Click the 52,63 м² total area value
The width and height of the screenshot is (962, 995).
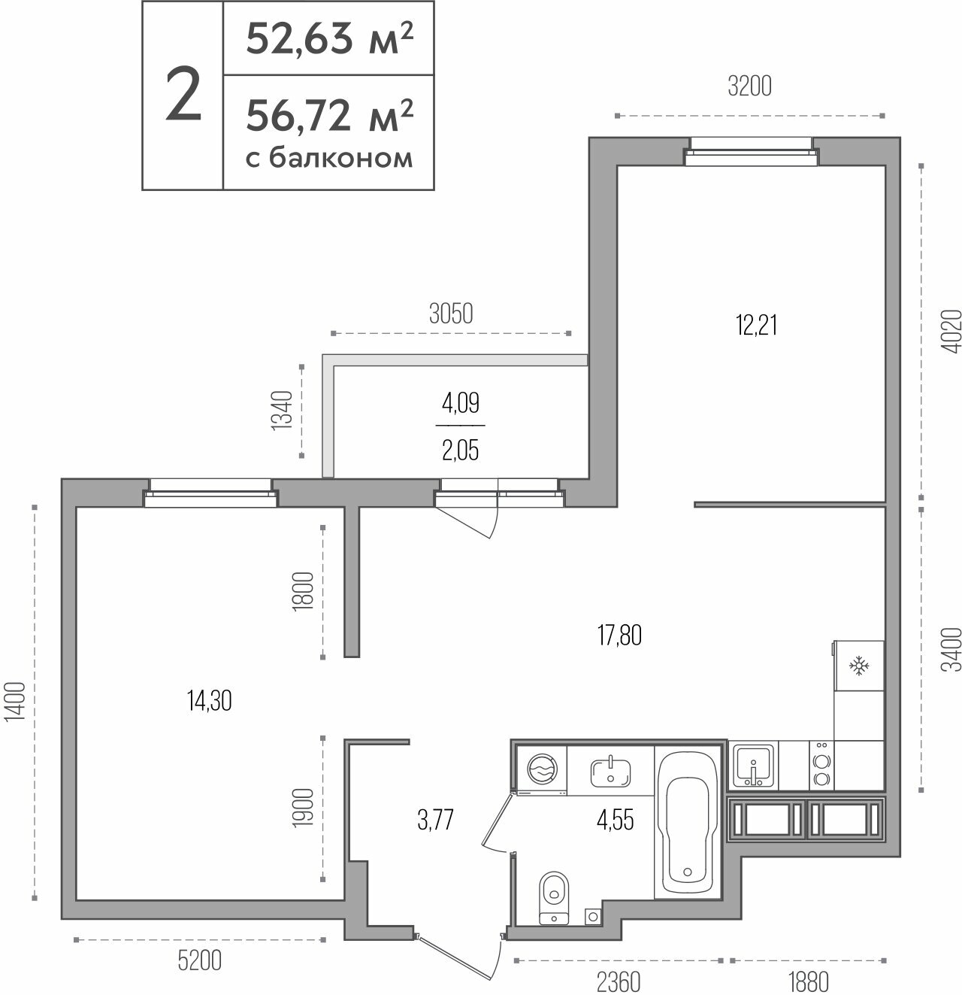tap(329, 38)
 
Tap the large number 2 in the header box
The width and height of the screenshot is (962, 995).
tap(183, 95)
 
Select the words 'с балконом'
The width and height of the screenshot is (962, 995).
tap(329, 158)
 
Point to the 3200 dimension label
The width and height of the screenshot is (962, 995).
tap(749, 86)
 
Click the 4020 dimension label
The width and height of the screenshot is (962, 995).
tap(951, 332)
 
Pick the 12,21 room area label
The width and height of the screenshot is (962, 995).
tap(757, 325)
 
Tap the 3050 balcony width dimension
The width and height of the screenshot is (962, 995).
tap(451, 314)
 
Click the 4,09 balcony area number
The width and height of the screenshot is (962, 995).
tap(461, 403)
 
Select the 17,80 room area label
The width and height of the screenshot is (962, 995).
tap(620, 635)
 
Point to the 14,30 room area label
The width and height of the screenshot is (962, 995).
tap(210, 700)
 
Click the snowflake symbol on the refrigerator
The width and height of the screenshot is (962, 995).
tap(859, 665)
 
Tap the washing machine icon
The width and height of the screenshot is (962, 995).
tap(542, 769)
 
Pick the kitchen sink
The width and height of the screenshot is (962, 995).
tap(754, 766)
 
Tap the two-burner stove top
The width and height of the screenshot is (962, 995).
tap(821, 766)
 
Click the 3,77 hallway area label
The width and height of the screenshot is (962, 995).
tap(435, 820)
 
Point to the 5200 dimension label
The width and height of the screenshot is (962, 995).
tap(200, 960)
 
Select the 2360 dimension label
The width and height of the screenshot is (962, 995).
tap(619, 982)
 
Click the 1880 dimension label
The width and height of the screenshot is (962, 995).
tap(809, 982)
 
